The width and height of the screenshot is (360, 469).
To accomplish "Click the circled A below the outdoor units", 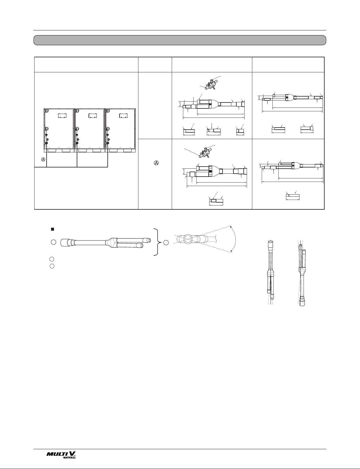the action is [x=43, y=159].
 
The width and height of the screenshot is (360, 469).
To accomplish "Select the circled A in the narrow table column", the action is [x=156, y=163].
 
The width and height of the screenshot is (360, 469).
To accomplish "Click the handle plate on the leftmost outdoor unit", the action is [x=62, y=115].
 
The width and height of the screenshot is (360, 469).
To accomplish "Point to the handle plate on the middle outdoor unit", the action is [x=93, y=115].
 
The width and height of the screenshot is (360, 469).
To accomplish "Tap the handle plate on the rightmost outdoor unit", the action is [x=124, y=115].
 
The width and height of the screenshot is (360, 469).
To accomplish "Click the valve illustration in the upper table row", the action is [x=211, y=84].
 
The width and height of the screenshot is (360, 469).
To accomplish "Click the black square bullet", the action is [x=52, y=229].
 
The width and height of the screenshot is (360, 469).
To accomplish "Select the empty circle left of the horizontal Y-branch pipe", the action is [x=53, y=242].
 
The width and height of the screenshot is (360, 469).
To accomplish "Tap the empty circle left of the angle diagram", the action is [x=166, y=242].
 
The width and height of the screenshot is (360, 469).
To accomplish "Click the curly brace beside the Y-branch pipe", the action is [x=158, y=242].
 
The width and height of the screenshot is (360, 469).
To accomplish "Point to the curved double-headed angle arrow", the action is [x=235, y=239].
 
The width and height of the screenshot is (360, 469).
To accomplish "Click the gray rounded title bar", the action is [x=180, y=40].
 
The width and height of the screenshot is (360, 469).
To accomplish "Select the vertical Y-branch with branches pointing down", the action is [x=270, y=270].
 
